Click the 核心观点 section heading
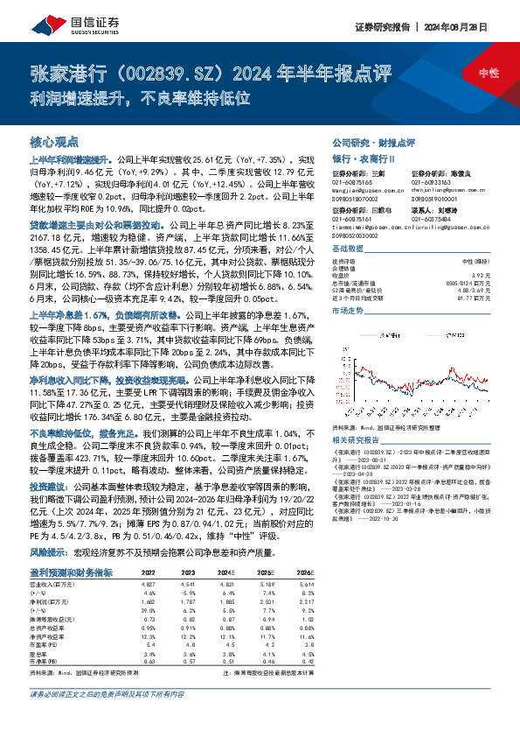click(54, 141)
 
